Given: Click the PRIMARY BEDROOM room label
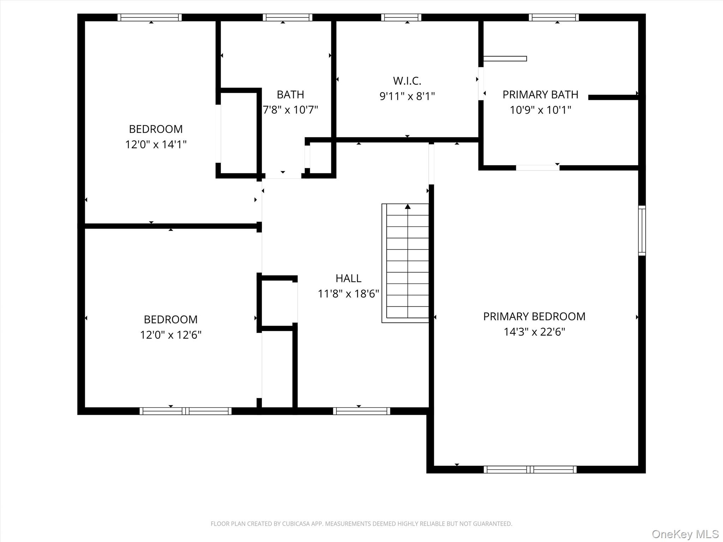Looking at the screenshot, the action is pos(534,317).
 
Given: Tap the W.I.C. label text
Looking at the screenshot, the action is pos(407,81).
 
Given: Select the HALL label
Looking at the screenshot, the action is pos(348,278).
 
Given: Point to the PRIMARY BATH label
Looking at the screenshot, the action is pos(540,95).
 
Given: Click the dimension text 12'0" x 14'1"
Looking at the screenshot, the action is pos(156,144).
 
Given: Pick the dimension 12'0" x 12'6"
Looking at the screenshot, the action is pos(171,335).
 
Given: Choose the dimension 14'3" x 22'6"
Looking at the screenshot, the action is pos(534,332).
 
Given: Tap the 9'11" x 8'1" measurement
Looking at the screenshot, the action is pos(407,96).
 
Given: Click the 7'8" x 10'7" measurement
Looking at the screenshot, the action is pos(291,110).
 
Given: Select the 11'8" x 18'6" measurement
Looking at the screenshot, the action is pos(348,294).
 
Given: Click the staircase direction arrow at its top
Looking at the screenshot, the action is pos(408,206).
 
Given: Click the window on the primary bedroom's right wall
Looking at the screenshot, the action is pos(642,230).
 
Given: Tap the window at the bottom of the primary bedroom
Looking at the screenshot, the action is pos(530,469).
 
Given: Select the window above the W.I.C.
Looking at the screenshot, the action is pos(401,17).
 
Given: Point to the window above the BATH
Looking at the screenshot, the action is pos(287,17).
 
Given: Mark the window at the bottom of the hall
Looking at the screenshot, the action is pos(361,411).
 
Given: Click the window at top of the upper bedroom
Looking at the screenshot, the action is pos(150,17).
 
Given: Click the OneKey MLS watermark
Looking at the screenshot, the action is pos(685,534).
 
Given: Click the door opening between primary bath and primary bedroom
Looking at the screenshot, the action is pos(538,168).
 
